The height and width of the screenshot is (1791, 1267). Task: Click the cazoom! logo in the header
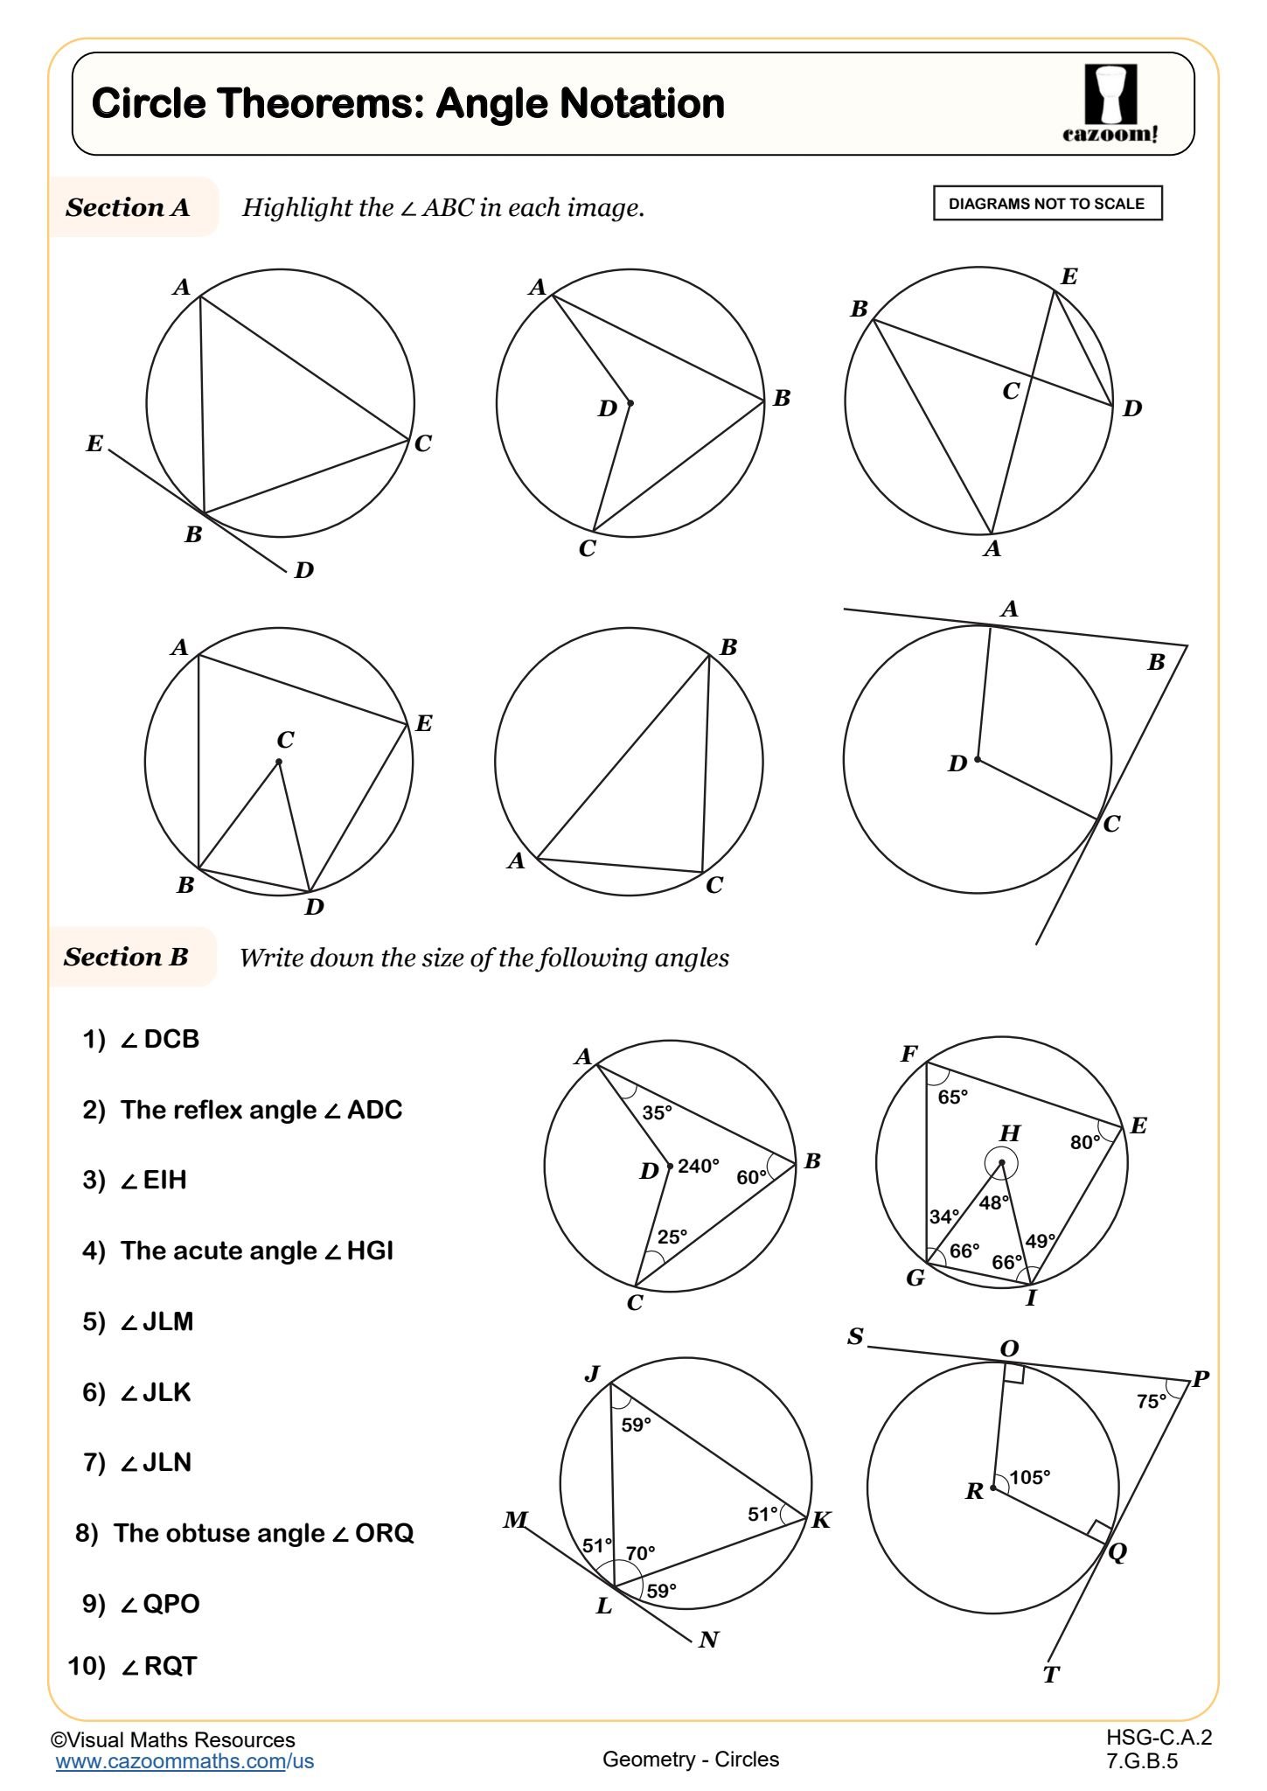(1110, 103)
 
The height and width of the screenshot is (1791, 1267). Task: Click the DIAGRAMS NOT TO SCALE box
(1047, 204)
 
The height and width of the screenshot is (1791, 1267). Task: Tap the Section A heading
(128, 207)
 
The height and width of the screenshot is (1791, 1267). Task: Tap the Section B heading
(126, 957)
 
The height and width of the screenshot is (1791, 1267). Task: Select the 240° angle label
(698, 1166)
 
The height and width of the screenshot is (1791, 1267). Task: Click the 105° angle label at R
(1029, 1477)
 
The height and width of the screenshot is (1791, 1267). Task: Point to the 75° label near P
(1151, 1401)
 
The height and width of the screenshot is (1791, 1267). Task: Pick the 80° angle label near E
(1084, 1142)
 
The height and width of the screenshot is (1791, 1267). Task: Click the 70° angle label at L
(640, 1553)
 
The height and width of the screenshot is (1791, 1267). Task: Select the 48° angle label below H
(993, 1202)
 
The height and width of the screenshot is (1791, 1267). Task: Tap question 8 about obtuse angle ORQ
(245, 1533)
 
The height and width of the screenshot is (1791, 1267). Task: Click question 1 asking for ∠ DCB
(142, 1039)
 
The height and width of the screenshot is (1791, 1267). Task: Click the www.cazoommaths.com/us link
(184, 1761)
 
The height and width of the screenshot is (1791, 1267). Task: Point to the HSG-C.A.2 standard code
(1159, 1738)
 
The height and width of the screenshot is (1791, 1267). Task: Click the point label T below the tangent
(1051, 1675)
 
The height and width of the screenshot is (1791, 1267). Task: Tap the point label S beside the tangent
(855, 1337)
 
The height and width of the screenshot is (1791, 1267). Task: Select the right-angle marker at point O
(1014, 1375)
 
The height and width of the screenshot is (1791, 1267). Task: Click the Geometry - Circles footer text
(690, 1759)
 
